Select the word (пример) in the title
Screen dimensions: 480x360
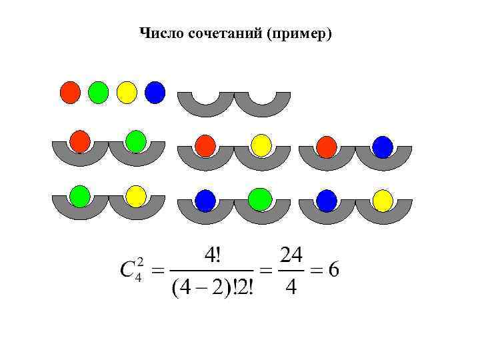(298, 33)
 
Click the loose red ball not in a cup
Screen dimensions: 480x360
(70, 92)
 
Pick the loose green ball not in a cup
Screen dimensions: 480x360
(98, 92)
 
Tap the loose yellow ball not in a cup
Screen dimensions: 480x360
(127, 92)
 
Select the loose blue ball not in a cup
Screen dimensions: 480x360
(155, 92)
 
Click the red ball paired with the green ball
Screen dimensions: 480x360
(80, 141)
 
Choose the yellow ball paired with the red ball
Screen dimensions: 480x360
(262, 145)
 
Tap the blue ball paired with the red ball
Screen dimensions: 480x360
(383, 147)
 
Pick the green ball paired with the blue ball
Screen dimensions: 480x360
(260, 199)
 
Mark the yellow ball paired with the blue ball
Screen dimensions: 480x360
(383, 200)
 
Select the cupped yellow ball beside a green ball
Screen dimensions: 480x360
(136, 196)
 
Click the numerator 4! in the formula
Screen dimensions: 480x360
(215, 256)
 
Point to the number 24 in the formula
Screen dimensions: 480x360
(291, 255)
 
